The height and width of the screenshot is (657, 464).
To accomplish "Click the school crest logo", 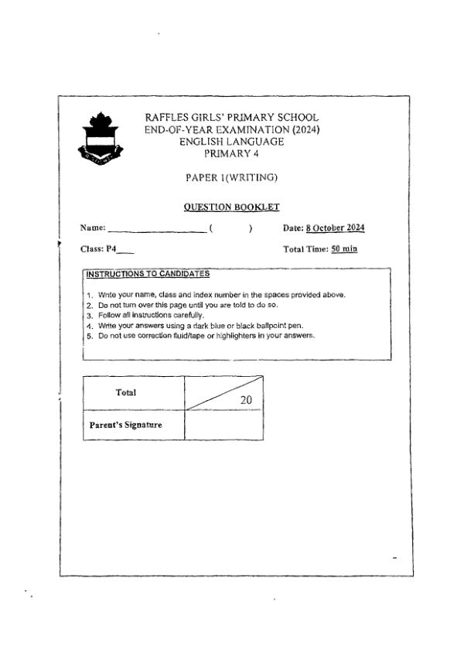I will (98, 140).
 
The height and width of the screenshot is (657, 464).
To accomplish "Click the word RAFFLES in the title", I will (169, 118).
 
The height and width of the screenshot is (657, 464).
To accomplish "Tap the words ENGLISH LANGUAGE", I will (231, 142).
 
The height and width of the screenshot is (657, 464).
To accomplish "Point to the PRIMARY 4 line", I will (231, 153).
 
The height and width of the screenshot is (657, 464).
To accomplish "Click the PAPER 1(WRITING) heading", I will (231, 178).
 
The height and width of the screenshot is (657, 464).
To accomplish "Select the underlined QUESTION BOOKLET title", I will (231, 207).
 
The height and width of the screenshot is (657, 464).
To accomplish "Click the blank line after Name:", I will (157, 228).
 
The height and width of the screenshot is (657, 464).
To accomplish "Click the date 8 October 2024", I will (335, 228).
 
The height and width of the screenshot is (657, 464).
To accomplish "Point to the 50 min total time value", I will (344, 249).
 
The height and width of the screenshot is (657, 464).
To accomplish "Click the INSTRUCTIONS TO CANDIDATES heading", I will (148, 274).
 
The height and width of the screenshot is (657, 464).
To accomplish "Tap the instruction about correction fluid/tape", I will (205, 336).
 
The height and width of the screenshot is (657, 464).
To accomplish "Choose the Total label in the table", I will (126, 392).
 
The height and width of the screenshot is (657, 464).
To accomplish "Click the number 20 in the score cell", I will (247, 400).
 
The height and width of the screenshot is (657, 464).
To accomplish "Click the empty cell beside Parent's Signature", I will (223, 425).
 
